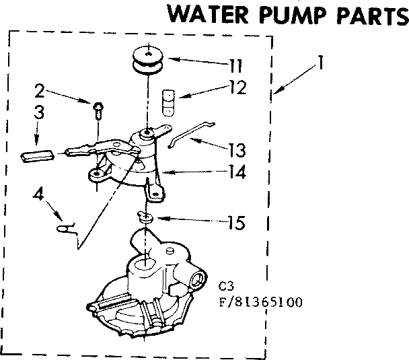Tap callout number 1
point(322,65)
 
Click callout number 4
point(39,196)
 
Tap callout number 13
point(237,149)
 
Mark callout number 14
point(236,172)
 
